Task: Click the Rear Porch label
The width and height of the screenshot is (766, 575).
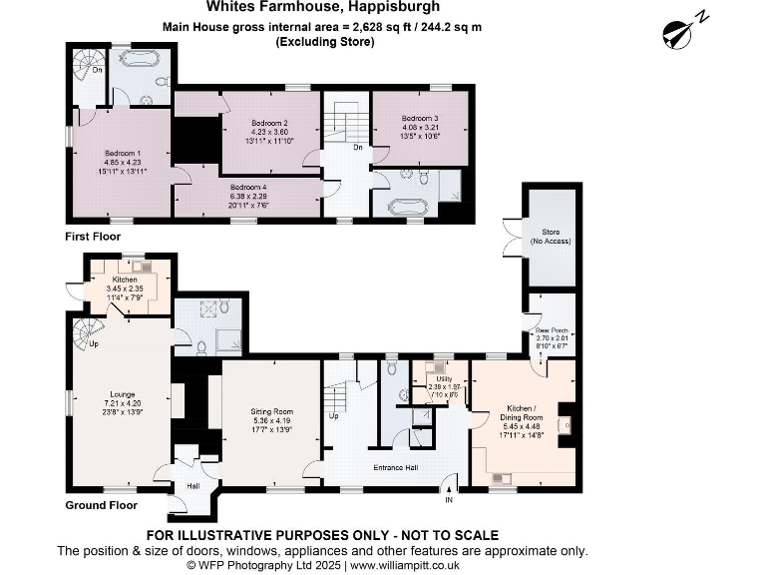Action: click(x=551, y=331)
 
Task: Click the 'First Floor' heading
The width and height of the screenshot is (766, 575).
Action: click(x=94, y=237)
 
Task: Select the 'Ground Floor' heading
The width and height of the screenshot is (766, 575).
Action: click(x=101, y=505)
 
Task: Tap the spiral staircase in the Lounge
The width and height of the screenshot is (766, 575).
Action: click(x=87, y=334)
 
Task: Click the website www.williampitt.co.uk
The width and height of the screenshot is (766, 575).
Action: click(x=430, y=565)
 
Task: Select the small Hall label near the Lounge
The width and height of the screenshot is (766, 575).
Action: click(x=192, y=486)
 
